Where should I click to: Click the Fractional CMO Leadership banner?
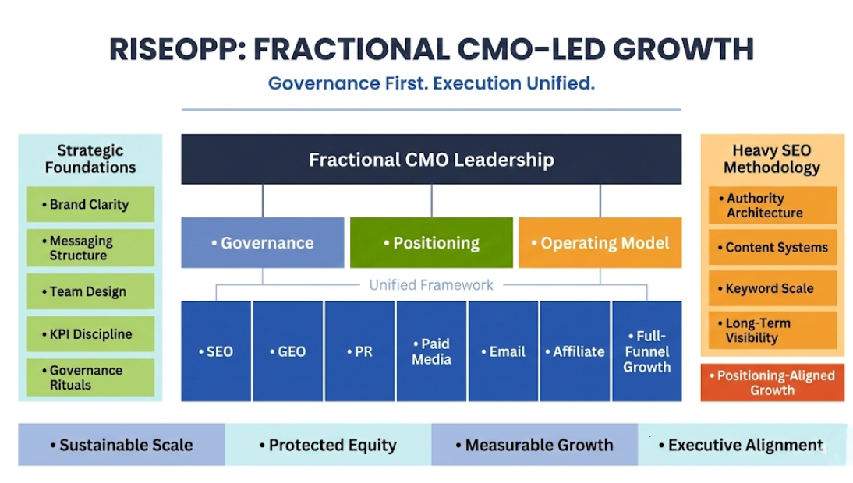[x=431, y=160]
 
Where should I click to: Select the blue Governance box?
[x=263, y=243]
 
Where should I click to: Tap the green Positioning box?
[x=431, y=243]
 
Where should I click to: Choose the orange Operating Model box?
[x=600, y=243]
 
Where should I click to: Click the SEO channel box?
[x=216, y=351]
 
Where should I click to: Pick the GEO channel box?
[x=288, y=351]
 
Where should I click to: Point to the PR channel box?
[x=359, y=351]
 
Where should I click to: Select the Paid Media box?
[x=431, y=351]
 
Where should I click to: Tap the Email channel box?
[x=503, y=351]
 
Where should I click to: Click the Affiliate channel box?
[x=575, y=351]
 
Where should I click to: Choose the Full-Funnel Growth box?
[x=646, y=351]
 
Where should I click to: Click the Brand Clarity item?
[x=90, y=205]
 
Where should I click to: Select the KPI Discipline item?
[x=90, y=334]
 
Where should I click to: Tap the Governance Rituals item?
[x=90, y=378]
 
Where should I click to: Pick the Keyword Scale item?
[x=772, y=288]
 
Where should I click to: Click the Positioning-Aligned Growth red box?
[x=772, y=383]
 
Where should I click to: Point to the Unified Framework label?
[x=431, y=285]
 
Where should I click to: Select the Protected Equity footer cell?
[x=327, y=446]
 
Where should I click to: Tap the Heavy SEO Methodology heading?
[x=772, y=159]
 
